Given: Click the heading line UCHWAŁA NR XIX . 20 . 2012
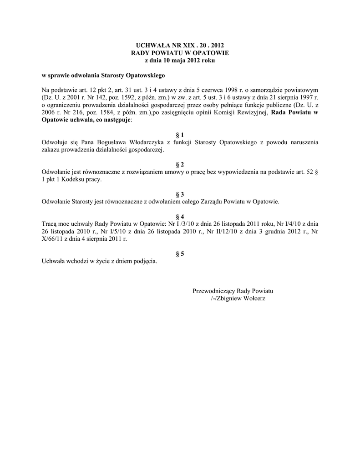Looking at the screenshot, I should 180,46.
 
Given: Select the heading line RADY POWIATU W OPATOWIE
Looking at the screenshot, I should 180,53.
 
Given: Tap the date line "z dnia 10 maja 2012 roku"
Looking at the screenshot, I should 180,60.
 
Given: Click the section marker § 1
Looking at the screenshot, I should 180,135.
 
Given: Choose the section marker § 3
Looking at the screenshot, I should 180,194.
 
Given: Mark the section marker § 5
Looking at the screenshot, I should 180,253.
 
